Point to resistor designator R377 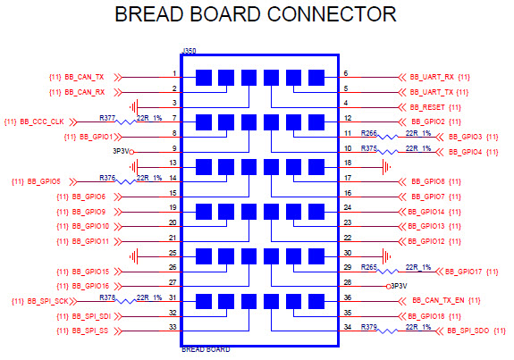(x=106, y=118)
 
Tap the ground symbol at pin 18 (x=386, y=166)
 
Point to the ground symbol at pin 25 (x=134, y=255)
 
